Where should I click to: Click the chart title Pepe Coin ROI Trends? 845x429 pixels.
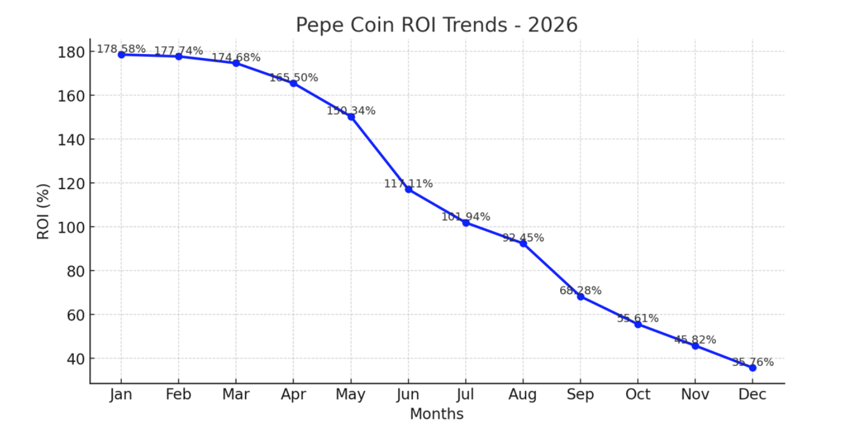point(436,25)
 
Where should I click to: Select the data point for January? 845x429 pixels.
point(121,55)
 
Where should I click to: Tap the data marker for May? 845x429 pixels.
point(351,116)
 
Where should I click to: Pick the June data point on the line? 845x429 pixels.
point(409,190)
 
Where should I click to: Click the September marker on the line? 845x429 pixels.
point(581,296)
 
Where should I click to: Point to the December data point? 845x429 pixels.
point(752,368)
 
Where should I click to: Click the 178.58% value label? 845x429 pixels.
point(121,48)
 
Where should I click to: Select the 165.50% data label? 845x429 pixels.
point(293,78)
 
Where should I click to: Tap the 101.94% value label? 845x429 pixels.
point(466,216)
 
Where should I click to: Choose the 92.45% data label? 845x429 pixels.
point(523,238)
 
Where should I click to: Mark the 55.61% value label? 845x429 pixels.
point(638,318)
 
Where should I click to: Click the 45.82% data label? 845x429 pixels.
point(695,339)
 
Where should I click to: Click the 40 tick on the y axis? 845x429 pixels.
point(75,359)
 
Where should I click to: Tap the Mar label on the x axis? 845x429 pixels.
point(236,395)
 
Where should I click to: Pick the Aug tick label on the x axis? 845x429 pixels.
point(523,395)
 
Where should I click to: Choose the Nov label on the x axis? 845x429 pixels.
point(695,395)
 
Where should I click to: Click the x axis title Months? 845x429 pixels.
point(436,414)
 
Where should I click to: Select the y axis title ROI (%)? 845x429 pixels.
point(43,211)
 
